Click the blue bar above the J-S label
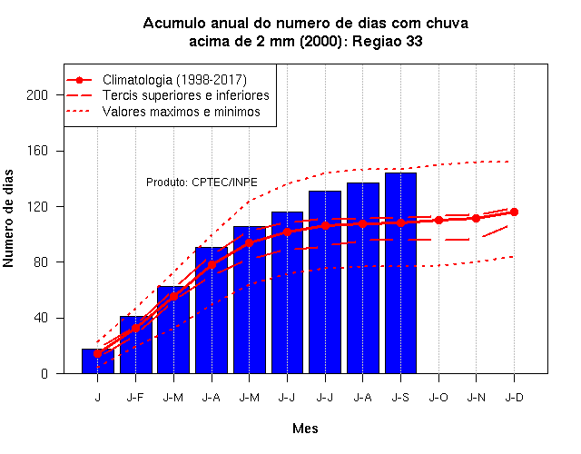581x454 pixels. click(x=400, y=273)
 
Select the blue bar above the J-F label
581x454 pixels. click(x=135, y=345)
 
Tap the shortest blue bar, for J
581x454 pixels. click(x=98, y=361)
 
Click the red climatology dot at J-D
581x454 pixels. click(x=514, y=212)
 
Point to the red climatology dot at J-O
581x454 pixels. click(x=438, y=220)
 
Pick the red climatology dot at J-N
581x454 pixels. click(x=476, y=218)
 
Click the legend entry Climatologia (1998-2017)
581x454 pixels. click(x=156, y=80)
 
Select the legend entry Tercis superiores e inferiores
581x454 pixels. click(x=167, y=95)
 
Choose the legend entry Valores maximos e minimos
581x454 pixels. click(x=163, y=111)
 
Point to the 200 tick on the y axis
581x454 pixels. click(x=37, y=95)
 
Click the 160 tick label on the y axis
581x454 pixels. click(x=37, y=152)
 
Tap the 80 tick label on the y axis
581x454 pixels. click(x=41, y=262)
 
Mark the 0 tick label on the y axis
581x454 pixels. click(x=44, y=373)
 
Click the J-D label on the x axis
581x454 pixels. click(x=515, y=398)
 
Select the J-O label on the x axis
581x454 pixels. click(x=438, y=398)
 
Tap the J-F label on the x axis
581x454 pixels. click(x=135, y=398)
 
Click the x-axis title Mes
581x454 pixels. click(x=305, y=429)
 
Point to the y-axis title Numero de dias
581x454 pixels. click(x=8, y=218)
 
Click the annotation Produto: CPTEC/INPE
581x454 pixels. click(x=202, y=183)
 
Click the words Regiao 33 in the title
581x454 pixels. click(x=388, y=41)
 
